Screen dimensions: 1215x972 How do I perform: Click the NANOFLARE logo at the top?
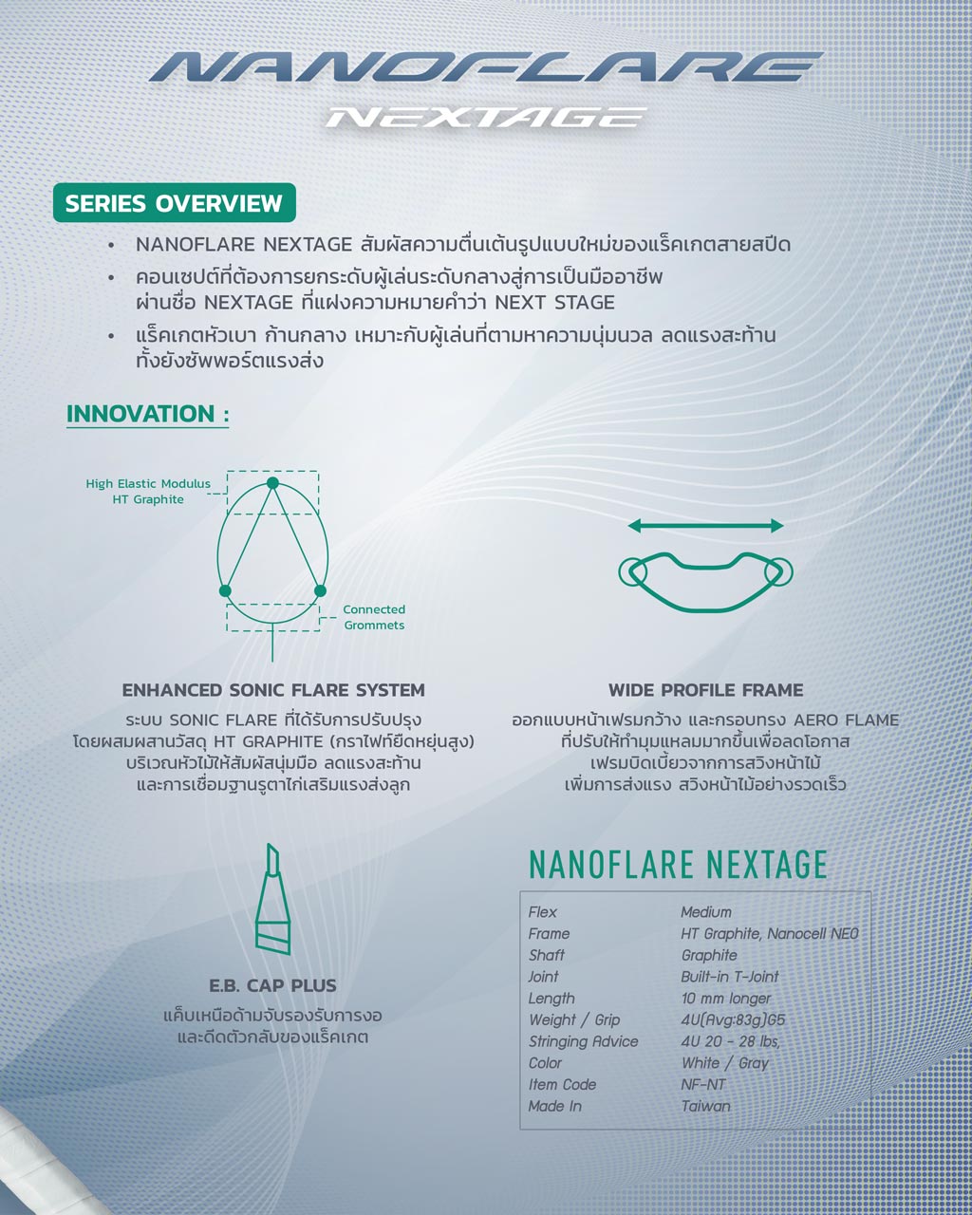point(486,67)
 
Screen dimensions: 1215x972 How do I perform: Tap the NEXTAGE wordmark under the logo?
point(486,118)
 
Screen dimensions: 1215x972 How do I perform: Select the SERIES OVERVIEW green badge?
point(175,203)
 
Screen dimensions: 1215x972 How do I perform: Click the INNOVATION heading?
point(147,414)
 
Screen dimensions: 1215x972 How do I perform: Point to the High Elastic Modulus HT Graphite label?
point(148,492)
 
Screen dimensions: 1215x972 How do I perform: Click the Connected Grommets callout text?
point(374,617)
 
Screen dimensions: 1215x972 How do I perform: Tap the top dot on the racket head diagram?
point(272,483)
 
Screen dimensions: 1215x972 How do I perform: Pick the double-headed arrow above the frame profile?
point(705,526)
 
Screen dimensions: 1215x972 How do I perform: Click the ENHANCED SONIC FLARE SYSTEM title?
point(273,690)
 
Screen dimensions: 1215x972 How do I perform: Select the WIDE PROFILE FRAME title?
point(705,690)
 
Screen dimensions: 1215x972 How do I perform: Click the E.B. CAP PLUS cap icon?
point(272,899)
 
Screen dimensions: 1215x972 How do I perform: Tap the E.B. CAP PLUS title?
point(272,985)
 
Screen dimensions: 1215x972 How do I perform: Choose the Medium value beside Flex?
point(706,912)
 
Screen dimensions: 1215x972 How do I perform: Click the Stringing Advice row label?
point(583,1041)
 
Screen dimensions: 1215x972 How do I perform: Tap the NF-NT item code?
point(703,1084)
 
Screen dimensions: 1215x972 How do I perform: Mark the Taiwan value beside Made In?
point(705,1106)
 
